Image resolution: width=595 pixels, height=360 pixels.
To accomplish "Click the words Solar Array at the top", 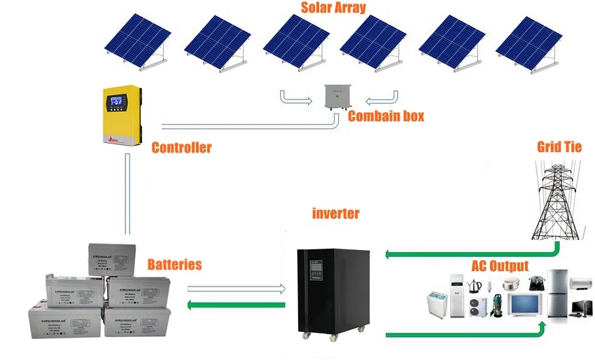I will [x=333, y=8].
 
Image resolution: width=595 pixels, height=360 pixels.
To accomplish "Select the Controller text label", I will [x=181, y=148].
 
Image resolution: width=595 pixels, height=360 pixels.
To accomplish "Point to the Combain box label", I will [x=386, y=116].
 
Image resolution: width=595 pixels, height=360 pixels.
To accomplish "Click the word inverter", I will [x=335, y=214].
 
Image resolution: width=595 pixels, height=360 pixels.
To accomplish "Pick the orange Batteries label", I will [x=174, y=265].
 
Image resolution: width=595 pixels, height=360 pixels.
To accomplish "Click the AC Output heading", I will [x=500, y=266].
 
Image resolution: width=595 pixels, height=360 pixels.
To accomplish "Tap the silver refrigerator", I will [x=559, y=294].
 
